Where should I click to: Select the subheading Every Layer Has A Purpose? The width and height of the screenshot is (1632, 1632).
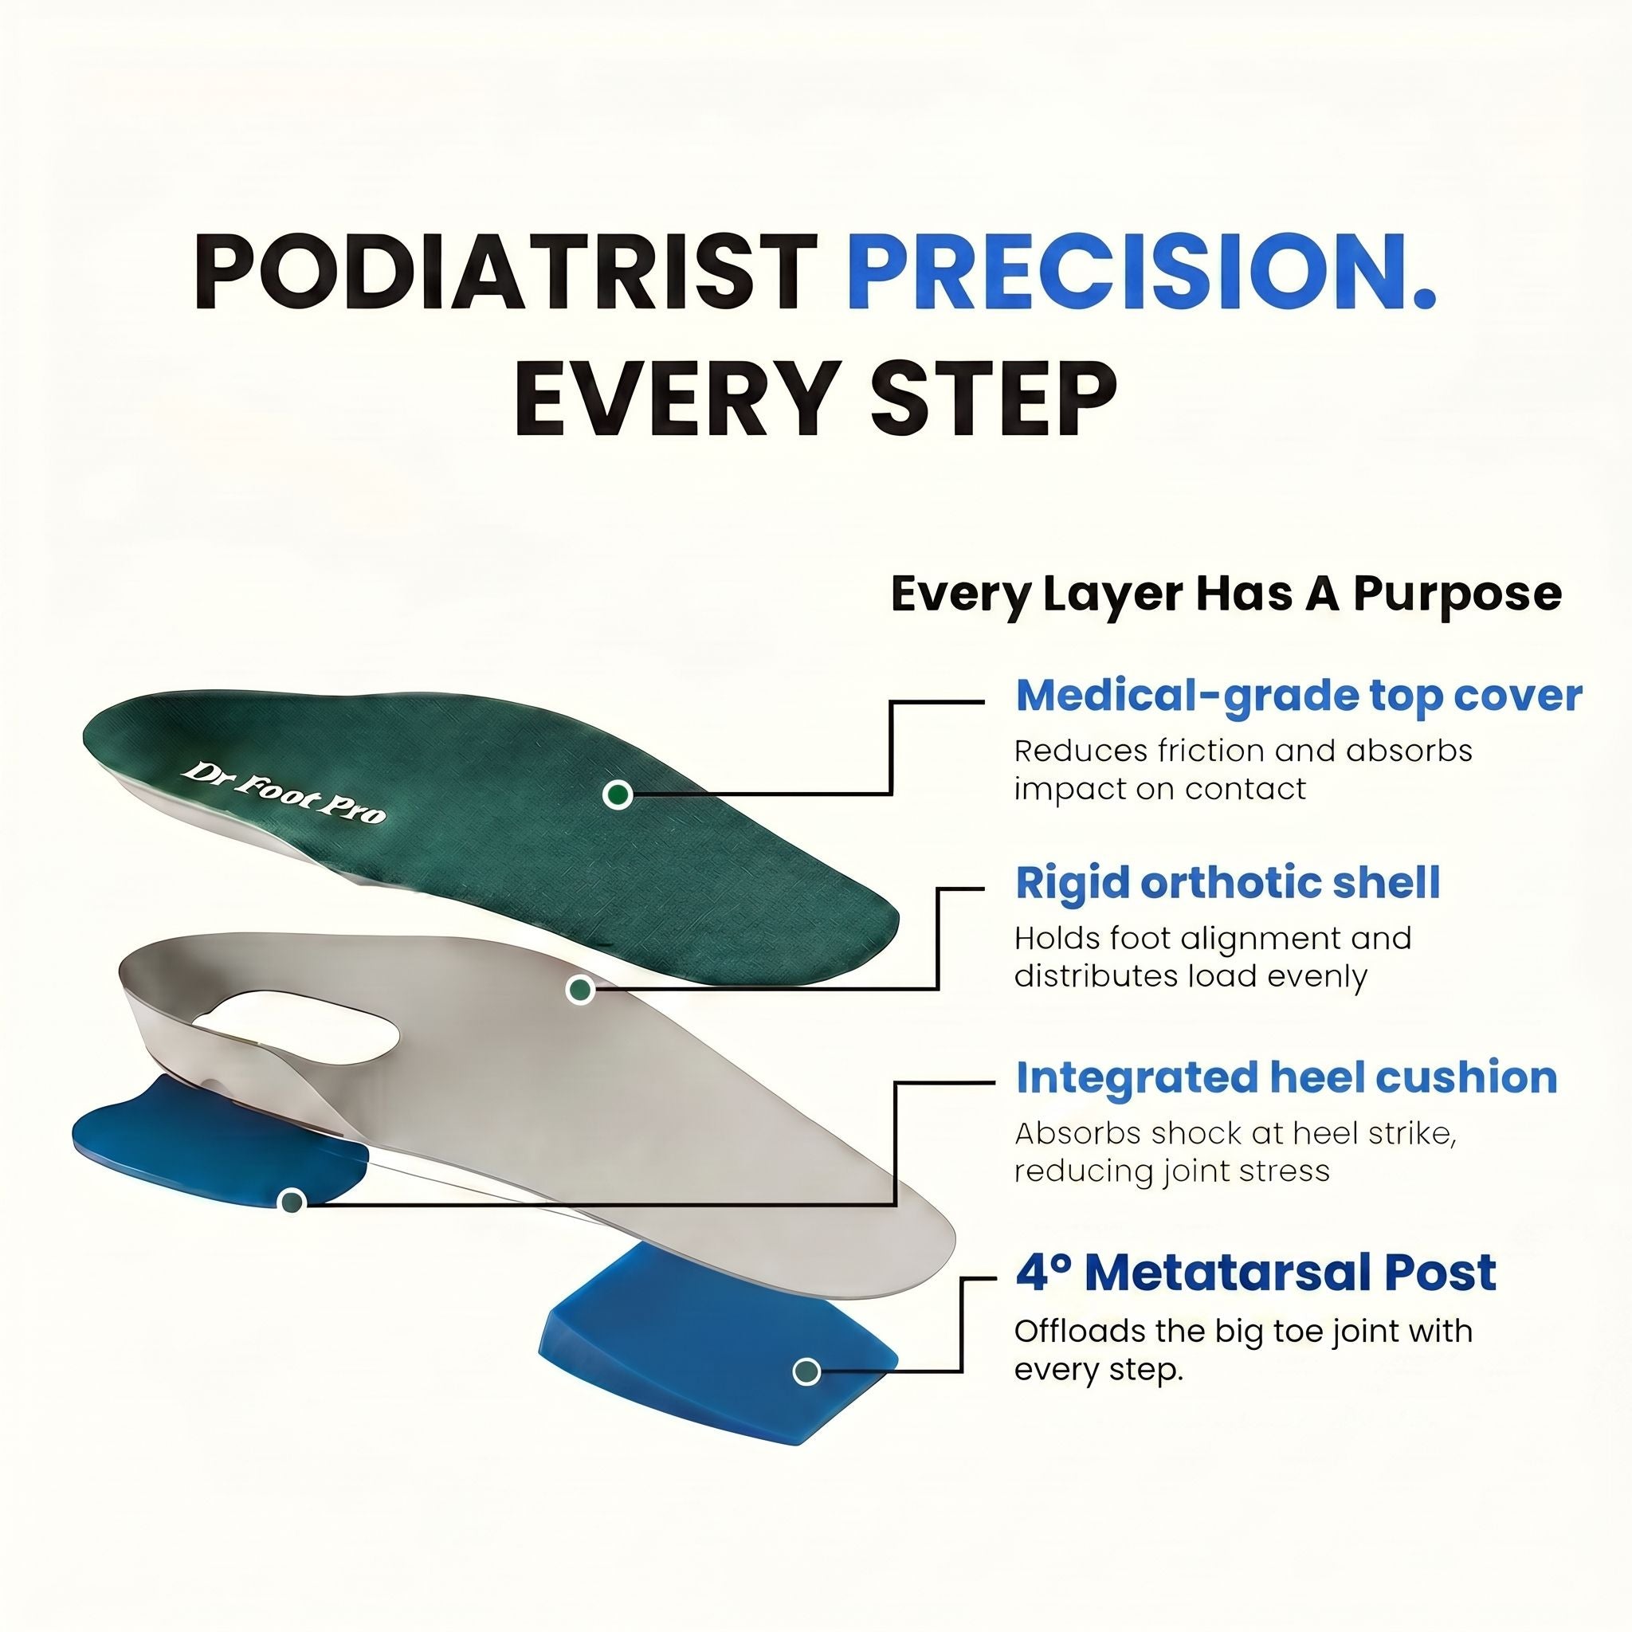pos(1226,594)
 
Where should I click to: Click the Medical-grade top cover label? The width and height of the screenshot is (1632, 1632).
pos(1298,695)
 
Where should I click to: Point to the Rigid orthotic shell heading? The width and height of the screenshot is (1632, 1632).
pos(1227,882)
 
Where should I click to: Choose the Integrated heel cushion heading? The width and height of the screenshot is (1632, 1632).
pos(1285,1078)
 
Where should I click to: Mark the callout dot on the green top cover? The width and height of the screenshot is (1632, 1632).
pos(618,794)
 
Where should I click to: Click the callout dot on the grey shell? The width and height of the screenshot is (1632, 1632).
pos(579,989)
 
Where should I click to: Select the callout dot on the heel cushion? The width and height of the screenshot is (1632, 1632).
pos(292,1200)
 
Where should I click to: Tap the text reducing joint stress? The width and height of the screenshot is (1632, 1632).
pos(1171,1171)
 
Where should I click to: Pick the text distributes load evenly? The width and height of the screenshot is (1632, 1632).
pos(1191,975)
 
